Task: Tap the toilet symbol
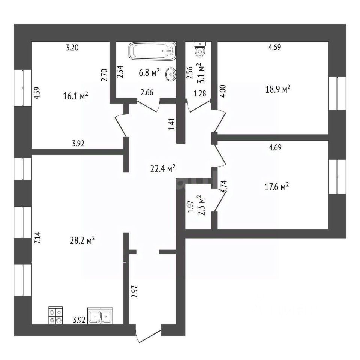pos(200,49)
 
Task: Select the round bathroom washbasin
pos(172,73)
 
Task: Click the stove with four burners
pos(55,315)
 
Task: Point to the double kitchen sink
pos(100,316)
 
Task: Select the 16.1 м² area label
pos(76,96)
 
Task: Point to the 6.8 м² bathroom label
pos(149,73)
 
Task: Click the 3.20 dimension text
pos(73,48)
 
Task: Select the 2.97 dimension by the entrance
pos(135,291)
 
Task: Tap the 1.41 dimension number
pos(171,124)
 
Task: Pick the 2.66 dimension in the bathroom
pos(147,92)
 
